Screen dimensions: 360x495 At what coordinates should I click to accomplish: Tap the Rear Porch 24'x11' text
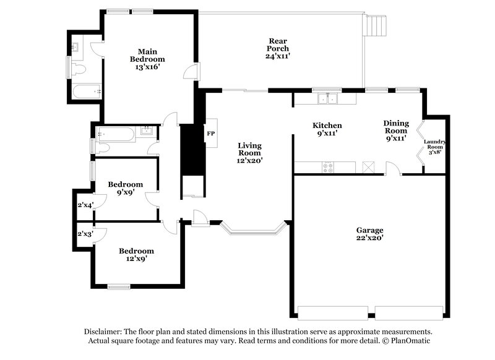tap(277, 48)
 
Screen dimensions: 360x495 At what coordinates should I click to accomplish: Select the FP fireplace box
tap(210, 134)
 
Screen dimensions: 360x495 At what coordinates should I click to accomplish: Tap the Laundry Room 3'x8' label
tap(434, 147)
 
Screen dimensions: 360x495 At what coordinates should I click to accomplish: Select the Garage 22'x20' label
tap(369, 233)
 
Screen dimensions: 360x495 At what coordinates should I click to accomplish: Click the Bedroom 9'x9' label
tap(126, 188)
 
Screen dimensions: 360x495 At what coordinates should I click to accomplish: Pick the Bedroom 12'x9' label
tap(136, 255)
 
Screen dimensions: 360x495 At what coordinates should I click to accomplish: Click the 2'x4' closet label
tap(85, 205)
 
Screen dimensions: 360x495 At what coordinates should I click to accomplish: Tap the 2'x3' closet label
tap(85, 234)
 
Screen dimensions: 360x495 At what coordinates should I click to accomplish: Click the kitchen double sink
tap(326, 98)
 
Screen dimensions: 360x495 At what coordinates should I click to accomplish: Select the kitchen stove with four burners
tap(328, 166)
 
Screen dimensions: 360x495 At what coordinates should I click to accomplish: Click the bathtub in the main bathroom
tap(86, 92)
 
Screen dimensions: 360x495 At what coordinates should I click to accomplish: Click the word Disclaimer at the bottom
tap(106, 332)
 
